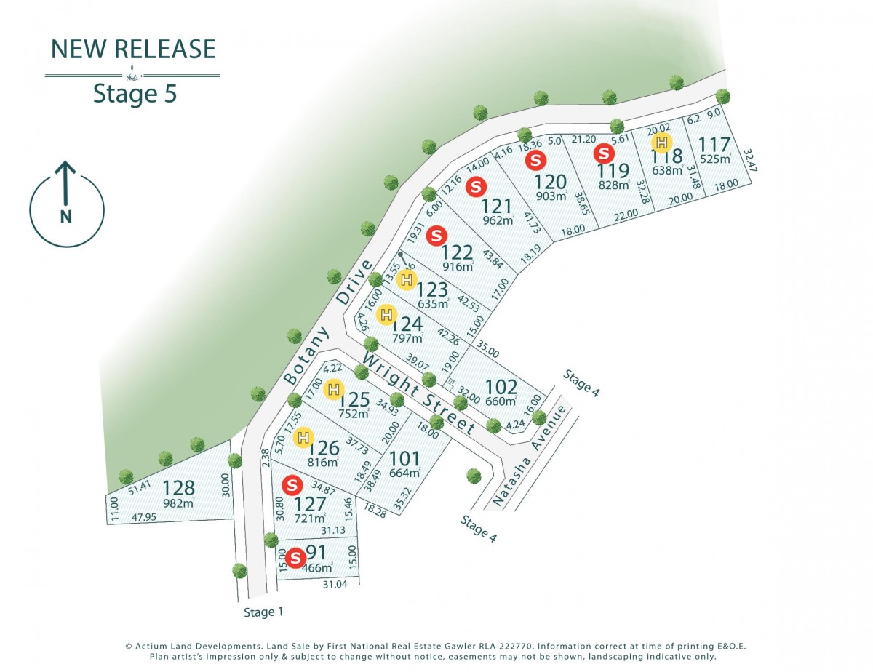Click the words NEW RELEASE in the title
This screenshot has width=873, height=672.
[133, 49]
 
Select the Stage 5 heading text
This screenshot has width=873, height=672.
[135, 94]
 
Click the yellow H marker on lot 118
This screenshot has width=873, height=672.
[661, 143]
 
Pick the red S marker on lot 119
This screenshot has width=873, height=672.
[603, 153]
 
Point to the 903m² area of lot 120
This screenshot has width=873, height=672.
[551, 196]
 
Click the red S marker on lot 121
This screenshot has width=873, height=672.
[476, 186]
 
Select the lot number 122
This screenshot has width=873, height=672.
[458, 252]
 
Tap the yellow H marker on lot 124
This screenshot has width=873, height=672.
[387, 315]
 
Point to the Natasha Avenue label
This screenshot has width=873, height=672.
[529, 456]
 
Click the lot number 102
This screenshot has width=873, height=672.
[501, 387]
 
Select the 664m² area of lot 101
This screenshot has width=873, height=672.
[405, 473]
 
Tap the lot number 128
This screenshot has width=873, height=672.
[178, 488]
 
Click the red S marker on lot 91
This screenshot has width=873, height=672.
[295, 558]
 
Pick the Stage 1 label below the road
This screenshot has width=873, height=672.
[263, 612]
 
